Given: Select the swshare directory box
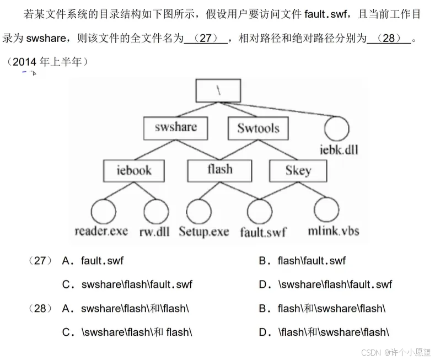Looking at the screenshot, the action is coord(175,128).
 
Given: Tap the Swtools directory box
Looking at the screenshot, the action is coord(258,128).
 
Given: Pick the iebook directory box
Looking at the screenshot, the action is coord(134,170).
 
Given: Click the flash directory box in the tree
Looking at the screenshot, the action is coord(220,170).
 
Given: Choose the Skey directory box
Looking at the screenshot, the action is coord(298,170).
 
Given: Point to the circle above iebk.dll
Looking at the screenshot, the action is coord(337,129).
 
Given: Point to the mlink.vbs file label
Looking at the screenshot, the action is coord(333,231).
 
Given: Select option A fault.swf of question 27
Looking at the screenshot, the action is coord(97,261).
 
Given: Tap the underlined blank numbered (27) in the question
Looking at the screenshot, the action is coord(205,39).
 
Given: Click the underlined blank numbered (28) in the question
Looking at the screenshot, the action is coord(389,39).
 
